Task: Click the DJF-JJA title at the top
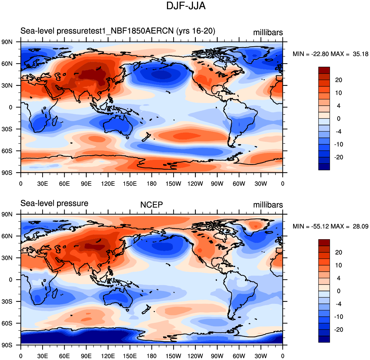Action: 186,6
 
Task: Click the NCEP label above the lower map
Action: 152,205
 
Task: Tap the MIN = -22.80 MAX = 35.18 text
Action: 330,54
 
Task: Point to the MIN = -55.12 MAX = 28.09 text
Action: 330,226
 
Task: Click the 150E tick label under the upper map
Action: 130,184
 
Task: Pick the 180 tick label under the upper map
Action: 152,184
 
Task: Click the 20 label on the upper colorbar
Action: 339,80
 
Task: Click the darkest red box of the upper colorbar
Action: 324,70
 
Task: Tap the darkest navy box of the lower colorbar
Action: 324,339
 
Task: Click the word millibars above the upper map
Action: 268,32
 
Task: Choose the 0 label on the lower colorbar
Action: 339,291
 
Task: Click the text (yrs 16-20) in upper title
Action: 196,31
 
